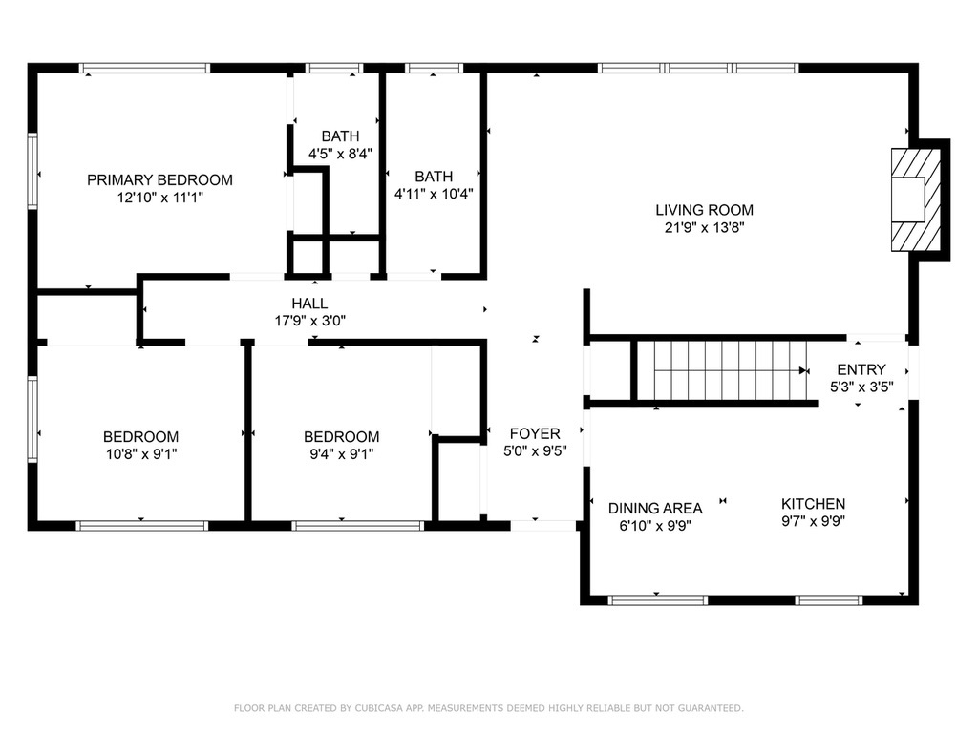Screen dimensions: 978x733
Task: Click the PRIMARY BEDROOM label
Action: pos(159,180)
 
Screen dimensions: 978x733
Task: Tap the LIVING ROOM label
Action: pos(704,210)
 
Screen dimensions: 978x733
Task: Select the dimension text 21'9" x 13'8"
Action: pos(704,227)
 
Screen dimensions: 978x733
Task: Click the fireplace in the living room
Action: pos(916,199)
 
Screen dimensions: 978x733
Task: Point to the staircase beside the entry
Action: pos(730,371)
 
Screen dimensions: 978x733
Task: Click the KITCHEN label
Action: pos(814,504)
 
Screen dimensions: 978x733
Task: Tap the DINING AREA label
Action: pos(655,508)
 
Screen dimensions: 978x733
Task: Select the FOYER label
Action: pos(535,433)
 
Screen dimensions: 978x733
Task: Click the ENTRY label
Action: pos(861,369)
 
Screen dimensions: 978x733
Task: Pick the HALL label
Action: pos(310,304)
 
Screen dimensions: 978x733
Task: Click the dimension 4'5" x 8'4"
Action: pos(341,154)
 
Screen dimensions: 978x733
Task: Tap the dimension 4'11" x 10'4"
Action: pos(434,194)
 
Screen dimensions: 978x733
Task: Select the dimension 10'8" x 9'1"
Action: pos(141,454)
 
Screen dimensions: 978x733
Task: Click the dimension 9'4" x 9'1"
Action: pos(342,454)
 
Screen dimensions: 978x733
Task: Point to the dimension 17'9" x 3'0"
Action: pos(310,321)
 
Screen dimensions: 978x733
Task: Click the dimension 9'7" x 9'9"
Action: pos(814,521)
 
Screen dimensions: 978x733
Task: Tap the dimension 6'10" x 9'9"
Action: pos(655,526)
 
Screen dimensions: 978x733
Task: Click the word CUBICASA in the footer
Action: pos(380,708)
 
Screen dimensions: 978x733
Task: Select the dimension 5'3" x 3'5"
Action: pos(861,387)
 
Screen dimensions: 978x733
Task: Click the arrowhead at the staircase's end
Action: pos(804,371)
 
